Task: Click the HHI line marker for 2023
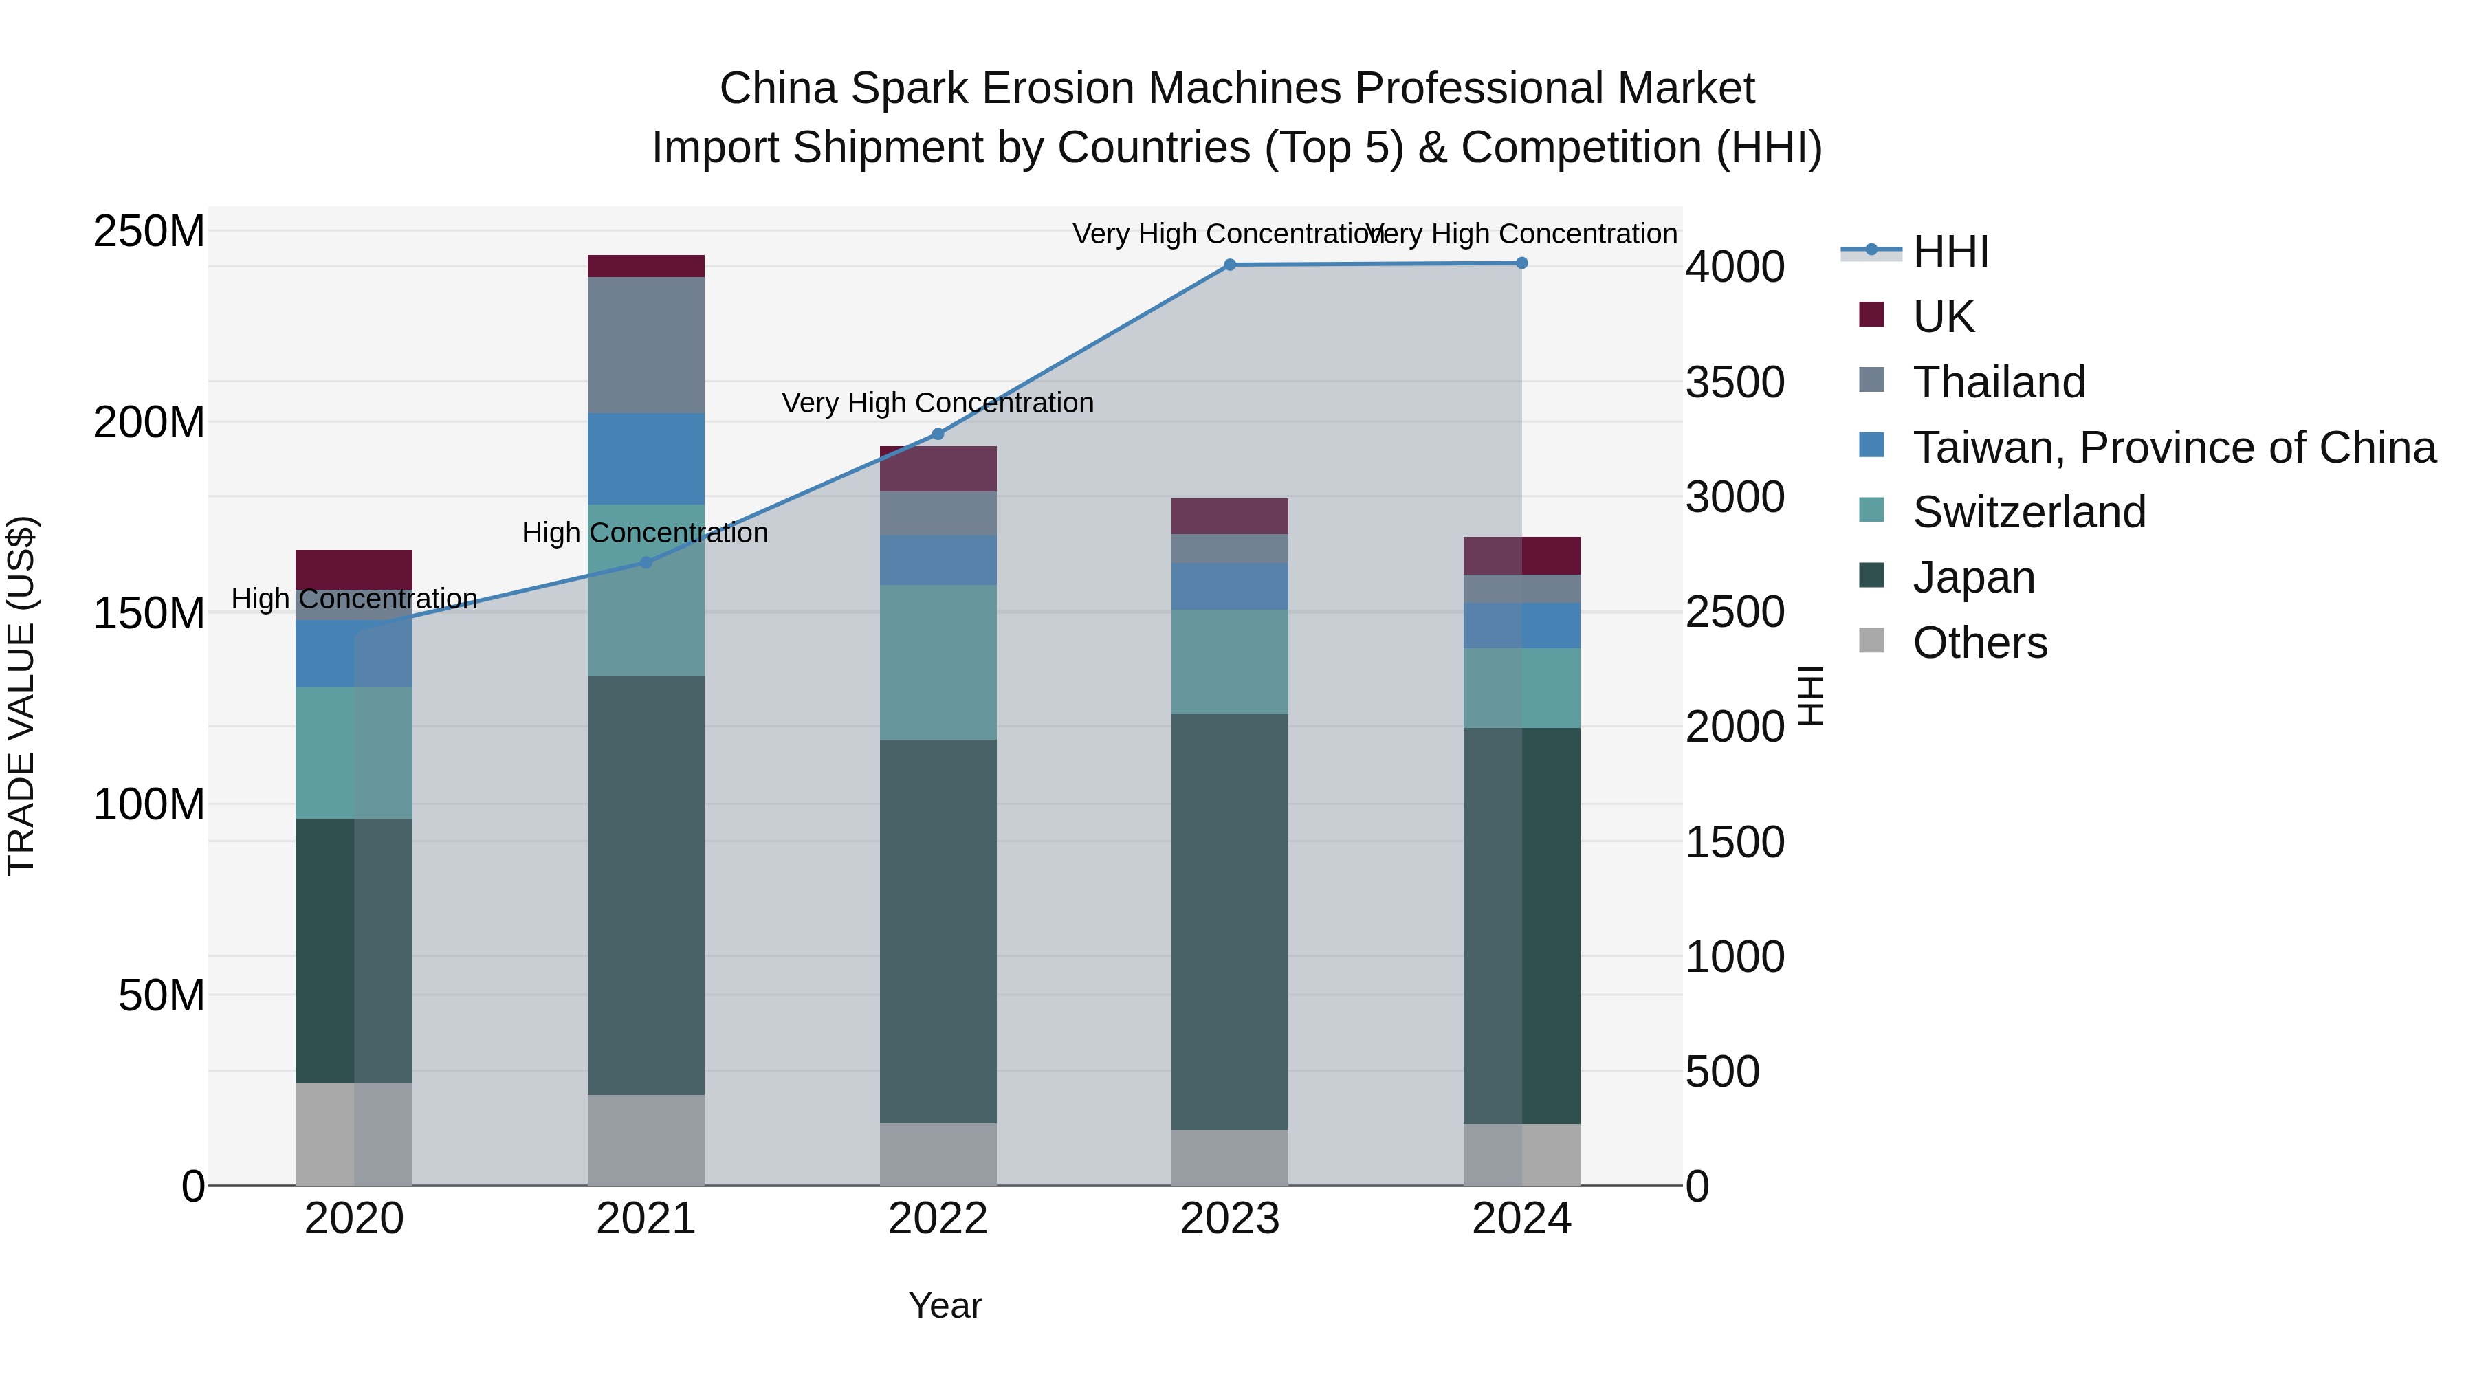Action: pos(1230,265)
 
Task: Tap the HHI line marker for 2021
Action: pos(646,562)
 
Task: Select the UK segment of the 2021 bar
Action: pos(646,266)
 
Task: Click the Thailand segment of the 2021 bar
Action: pos(646,345)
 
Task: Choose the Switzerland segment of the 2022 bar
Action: pos(938,662)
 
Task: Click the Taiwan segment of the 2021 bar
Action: pos(646,459)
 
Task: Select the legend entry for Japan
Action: pos(1973,577)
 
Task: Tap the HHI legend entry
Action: pos(1950,252)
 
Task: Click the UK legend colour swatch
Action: pos(1871,314)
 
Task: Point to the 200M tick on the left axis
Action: pos(149,422)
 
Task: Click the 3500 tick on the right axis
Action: pos(1735,382)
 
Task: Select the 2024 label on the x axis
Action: pos(1522,1219)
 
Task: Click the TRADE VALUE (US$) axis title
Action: pos(21,696)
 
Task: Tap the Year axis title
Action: pos(945,1305)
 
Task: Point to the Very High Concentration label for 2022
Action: pos(938,403)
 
